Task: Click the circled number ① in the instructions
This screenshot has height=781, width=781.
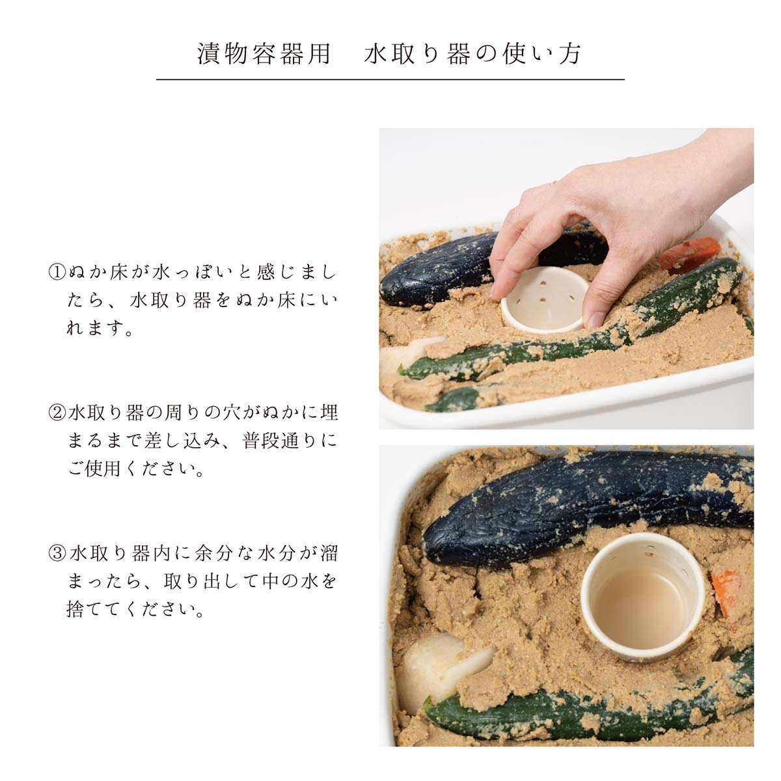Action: pyautogui.click(x=57, y=272)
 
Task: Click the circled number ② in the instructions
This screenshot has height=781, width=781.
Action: pyautogui.click(x=57, y=413)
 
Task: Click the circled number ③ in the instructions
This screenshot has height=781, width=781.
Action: pyautogui.click(x=57, y=553)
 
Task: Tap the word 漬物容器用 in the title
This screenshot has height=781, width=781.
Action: pyautogui.click(x=264, y=54)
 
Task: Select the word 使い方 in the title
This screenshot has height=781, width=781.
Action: pyautogui.click(x=542, y=54)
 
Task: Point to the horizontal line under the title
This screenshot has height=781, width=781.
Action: pyautogui.click(x=390, y=79)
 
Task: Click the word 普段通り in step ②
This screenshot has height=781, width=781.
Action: pyautogui.click(x=281, y=441)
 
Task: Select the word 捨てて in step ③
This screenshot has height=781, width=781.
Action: pyautogui.click(x=94, y=610)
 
